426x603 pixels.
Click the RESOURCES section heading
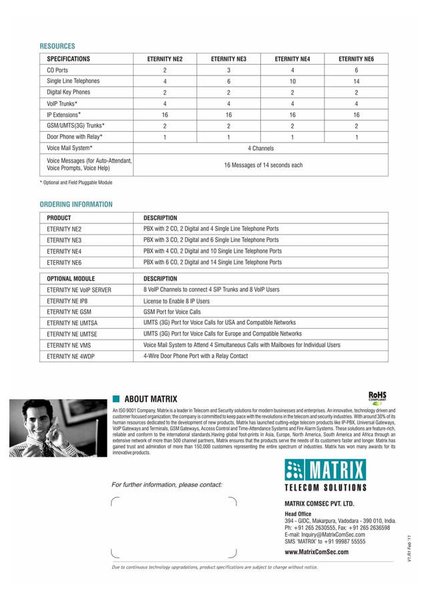[57, 46]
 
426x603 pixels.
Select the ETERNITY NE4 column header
[292, 59]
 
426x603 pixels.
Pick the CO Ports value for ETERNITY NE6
[356, 70]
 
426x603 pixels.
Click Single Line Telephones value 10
[292, 81]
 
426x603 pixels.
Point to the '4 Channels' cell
[260, 147]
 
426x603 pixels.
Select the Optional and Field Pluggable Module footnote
[76, 183]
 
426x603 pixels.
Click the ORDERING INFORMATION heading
[76, 204]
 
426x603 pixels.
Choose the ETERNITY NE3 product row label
[64, 239]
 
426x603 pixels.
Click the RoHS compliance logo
[378, 398]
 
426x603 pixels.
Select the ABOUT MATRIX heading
[150, 399]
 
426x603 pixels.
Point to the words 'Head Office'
[298, 513]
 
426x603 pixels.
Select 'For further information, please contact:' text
[167, 484]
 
